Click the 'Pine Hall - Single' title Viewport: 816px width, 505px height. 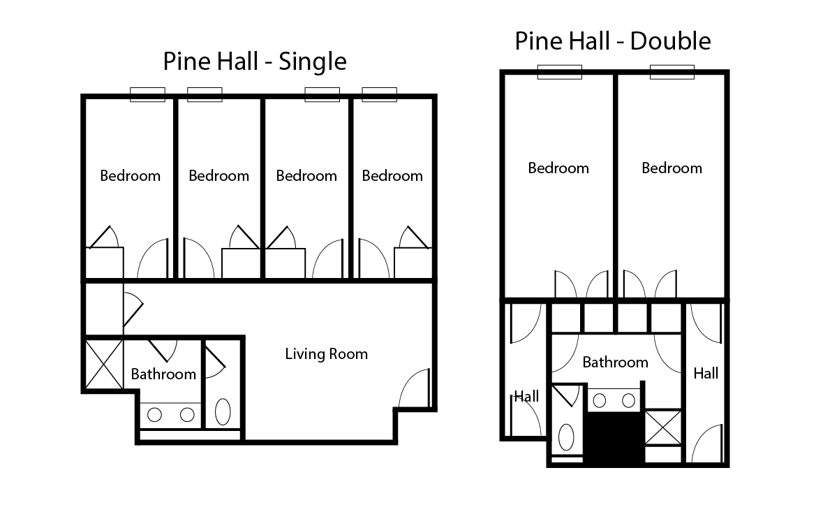[x=255, y=61]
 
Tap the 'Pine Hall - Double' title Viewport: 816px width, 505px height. [x=613, y=41]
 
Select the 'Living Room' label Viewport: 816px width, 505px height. [x=326, y=354]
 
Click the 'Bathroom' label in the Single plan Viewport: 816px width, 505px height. [x=163, y=374]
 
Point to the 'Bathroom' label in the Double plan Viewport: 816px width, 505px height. [x=615, y=363]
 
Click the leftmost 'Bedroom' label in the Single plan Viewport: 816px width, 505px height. [x=130, y=176]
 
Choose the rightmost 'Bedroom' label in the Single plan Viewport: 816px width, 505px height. [x=392, y=176]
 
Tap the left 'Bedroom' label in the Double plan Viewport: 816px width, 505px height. [x=558, y=168]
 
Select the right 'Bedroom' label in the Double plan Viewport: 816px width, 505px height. [x=672, y=168]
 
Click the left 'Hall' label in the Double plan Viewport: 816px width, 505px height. [x=526, y=397]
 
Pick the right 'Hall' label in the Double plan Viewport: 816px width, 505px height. [x=706, y=374]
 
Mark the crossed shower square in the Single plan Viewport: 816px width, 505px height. [x=103, y=363]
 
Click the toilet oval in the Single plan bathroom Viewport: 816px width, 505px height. [x=223, y=411]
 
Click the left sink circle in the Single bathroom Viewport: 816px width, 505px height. [x=154, y=415]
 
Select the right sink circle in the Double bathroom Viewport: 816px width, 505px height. [x=628, y=400]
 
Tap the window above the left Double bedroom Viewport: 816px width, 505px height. [x=559, y=72]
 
